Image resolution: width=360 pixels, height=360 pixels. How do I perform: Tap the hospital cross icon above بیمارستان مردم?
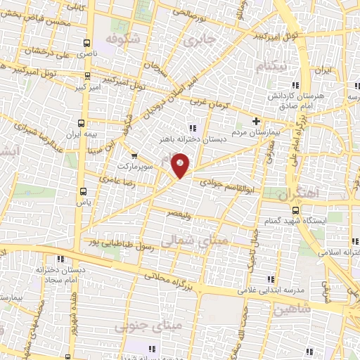point(256,121)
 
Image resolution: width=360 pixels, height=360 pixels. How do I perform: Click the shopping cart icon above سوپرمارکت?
point(134,157)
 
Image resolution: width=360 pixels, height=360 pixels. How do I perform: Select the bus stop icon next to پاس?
point(84,191)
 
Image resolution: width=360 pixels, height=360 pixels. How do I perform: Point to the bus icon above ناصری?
point(86,43)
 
